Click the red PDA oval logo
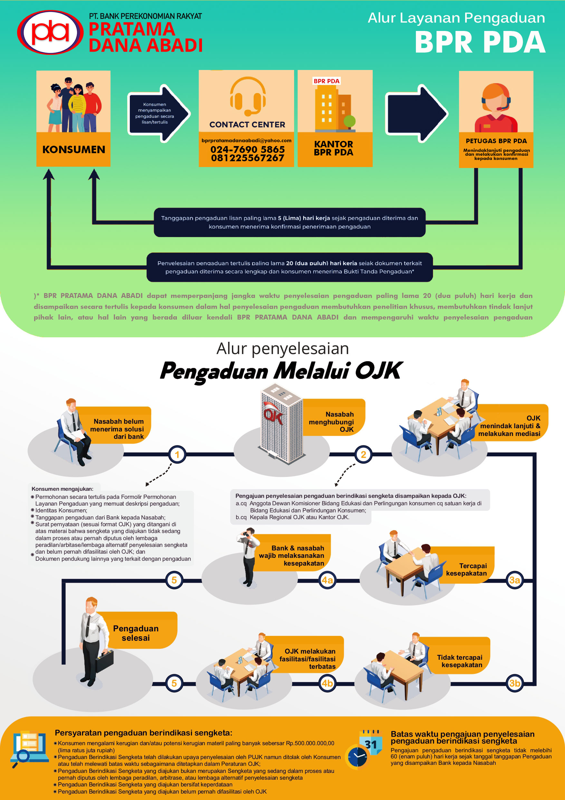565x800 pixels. point(50,32)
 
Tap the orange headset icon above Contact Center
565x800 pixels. point(247,96)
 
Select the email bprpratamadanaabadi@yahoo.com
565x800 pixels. point(246,140)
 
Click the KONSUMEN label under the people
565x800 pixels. point(73,150)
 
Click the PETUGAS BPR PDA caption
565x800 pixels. point(496,141)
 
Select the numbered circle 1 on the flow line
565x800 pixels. point(177,454)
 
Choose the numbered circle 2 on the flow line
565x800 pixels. point(363,454)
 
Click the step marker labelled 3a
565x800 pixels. point(514,580)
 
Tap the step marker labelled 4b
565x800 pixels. point(327,683)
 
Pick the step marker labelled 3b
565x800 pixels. point(514,683)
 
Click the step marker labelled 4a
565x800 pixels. point(327,580)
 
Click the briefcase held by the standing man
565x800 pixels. point(104,661)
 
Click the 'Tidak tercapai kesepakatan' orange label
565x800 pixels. point(460,661)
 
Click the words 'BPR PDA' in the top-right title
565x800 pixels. point(480,43)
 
